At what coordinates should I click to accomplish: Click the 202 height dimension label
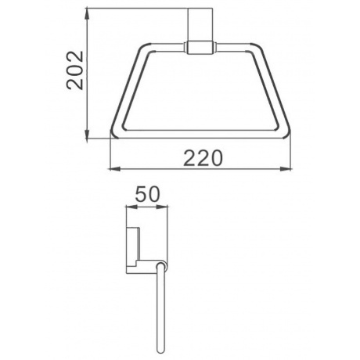pyautogui.click(x=75, y=70)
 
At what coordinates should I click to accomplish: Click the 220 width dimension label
pyautogui.click(x=203, y=158)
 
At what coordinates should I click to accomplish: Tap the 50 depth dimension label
pyautogui.click(x=147, y=194)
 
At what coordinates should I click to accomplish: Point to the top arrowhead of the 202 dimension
pyautogui.click(x=87, y=14)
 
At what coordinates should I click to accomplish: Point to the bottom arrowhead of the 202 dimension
pyautogui.click(x=87, y=132)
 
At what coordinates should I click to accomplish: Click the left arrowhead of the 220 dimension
pyautogui.click(x=115, y=169)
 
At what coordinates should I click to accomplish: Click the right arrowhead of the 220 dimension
pyautogui.click(x=286, y=169)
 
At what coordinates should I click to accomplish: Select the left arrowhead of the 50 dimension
pyautogui.click(x=131, y=207)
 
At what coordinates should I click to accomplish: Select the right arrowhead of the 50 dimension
pyautogui.click(x=162, y=207)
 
